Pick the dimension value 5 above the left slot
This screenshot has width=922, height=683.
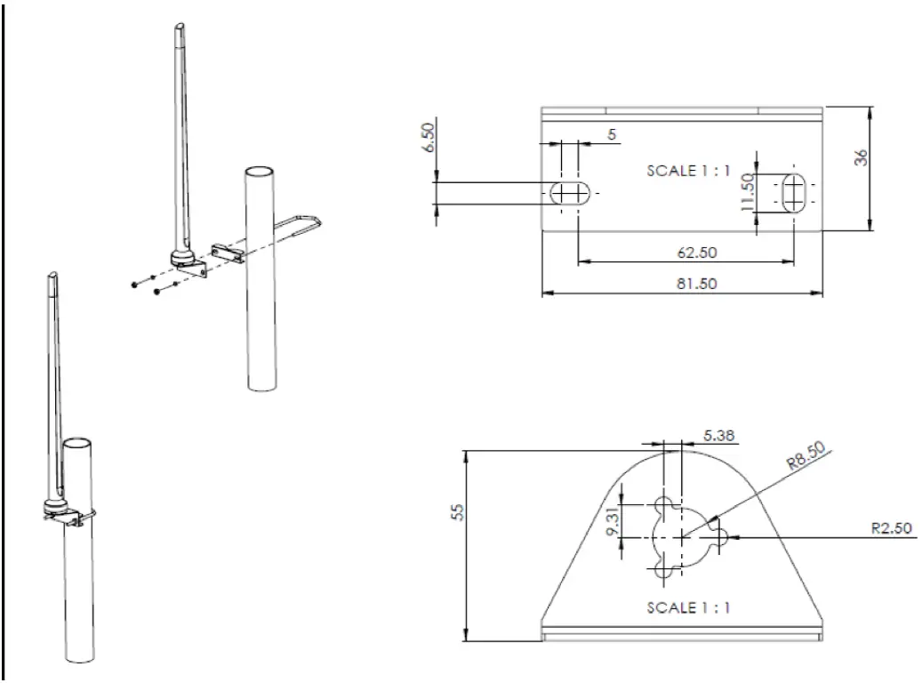click(x=613, y=135)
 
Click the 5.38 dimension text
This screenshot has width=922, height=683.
click(x=718, y=435)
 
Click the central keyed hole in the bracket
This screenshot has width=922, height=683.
click(x=680, y=536)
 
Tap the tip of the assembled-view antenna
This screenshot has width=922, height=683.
click(x=52, y=275)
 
